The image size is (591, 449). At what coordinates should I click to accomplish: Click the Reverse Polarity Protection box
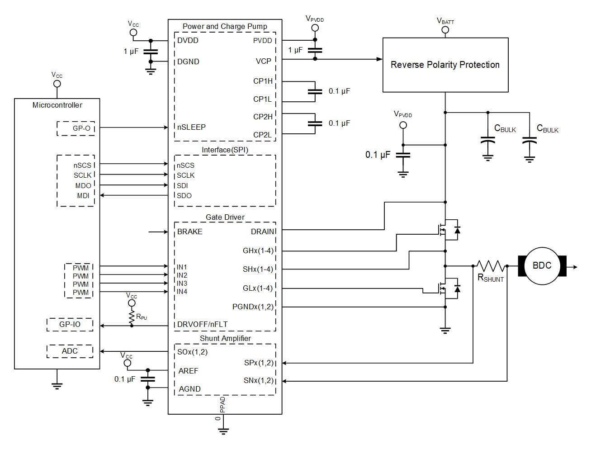pos(445,65)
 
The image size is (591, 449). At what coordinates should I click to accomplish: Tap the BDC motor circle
pos(542,266)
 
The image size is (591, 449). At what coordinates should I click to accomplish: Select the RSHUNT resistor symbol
pos(490,266)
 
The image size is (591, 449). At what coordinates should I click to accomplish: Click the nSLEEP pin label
pos(191,127)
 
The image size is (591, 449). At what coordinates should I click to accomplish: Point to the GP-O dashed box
pos(76,128)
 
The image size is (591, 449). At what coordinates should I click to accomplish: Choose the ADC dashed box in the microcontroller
pos(70,351)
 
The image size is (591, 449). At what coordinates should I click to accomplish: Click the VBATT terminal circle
pos(445,30)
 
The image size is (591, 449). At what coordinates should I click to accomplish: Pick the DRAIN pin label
pos(263,232)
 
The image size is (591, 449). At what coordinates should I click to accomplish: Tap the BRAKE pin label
pos(190,232)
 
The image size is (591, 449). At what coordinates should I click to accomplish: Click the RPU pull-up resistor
pos(132,316)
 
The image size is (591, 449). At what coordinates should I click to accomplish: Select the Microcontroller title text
pos(57,105)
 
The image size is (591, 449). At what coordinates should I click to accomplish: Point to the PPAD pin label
pos(222,404)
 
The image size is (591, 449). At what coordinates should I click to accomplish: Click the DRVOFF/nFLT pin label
pos(202,324)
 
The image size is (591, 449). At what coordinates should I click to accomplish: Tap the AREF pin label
pos(188,371)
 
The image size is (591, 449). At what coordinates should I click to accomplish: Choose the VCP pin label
pos(264,61)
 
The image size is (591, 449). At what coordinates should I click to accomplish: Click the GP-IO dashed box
pos(70,325)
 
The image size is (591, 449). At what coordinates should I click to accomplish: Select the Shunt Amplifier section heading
pos(225,338)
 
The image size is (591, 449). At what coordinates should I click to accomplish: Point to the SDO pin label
pos(184,195)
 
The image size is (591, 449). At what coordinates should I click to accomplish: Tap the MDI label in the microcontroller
pos(83,196)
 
